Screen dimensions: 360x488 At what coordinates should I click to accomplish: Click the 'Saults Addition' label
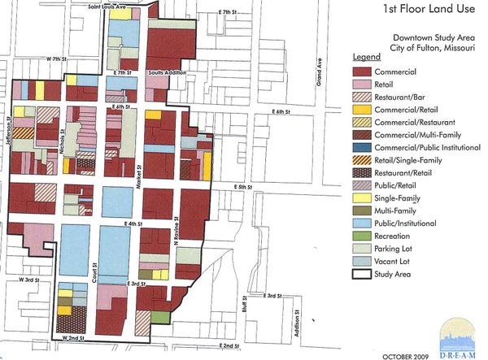tap(167, 73)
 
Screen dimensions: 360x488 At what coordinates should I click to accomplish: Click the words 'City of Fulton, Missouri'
tap(421, 48)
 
